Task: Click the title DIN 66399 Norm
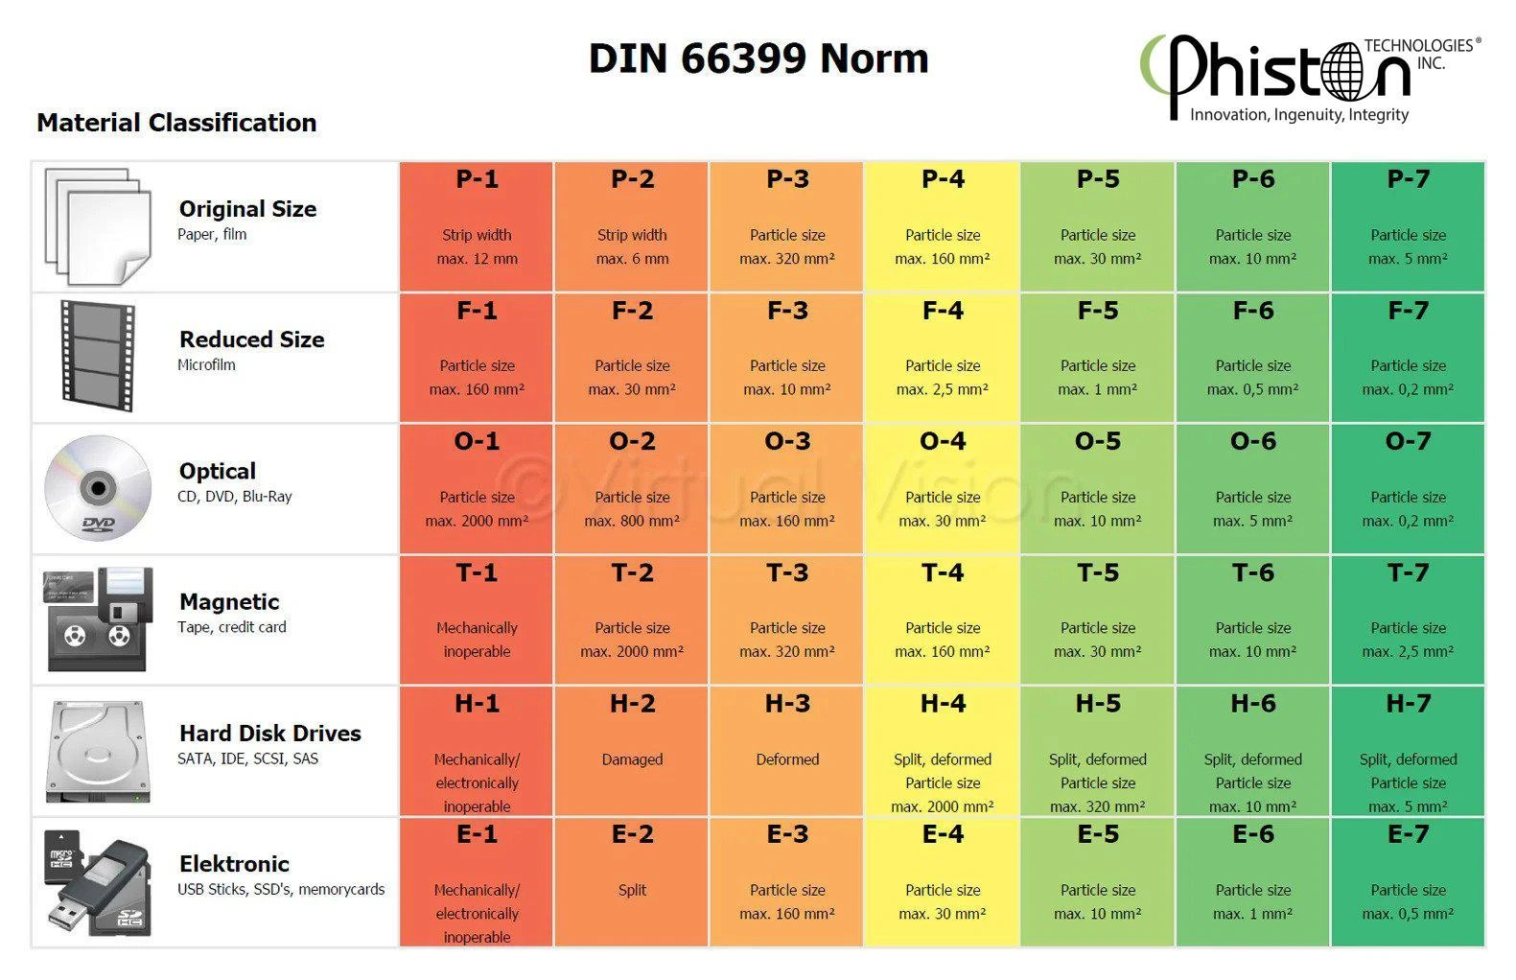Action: tap(758, 58)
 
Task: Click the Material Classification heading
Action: tap(176, 123)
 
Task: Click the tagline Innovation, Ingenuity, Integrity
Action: tap(1299, 115)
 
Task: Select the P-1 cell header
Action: tap(477, 179)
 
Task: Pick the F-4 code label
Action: tap(943, 311)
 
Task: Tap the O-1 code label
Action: tap(477, 442)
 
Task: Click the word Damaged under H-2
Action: tap(632, 759)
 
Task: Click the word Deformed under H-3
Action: tap(787, 759)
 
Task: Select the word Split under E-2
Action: tap(632, 890)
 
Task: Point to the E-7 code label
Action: tap(1408, 835)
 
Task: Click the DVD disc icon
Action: tap(98, 489)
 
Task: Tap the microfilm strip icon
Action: tap(97, 357)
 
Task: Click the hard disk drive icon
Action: tap(98, 752)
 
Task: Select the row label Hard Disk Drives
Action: tap(269, 734)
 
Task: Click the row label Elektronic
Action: tap(234, 864)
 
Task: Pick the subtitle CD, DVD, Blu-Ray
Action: tap(234, 497)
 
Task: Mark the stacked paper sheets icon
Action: tap(98, 226)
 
